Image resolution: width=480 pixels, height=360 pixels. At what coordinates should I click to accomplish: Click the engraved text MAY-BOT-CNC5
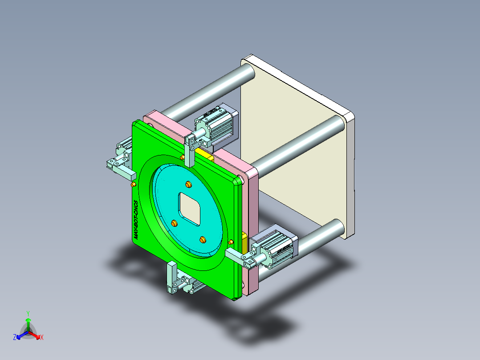coord(137,220)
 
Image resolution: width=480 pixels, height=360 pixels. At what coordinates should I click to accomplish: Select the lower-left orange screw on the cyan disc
coord(174,223)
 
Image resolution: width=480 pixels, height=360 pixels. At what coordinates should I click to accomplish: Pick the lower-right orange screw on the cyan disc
coord(203,240)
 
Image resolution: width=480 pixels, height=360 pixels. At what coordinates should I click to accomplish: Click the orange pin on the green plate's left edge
coord(134,184)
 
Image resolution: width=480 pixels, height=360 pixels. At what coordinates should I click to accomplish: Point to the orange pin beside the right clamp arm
coord(230,242)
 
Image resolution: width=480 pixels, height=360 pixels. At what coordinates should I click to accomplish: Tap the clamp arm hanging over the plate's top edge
coord(190,149)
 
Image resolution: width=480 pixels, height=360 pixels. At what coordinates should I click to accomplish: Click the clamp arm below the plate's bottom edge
coord(171,277)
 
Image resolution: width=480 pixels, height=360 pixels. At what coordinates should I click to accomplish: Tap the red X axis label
coord(42,338)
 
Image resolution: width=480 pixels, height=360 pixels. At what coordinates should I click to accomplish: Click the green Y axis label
coord(28,313)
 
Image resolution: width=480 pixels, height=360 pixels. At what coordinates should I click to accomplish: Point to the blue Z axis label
coord(15,337)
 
